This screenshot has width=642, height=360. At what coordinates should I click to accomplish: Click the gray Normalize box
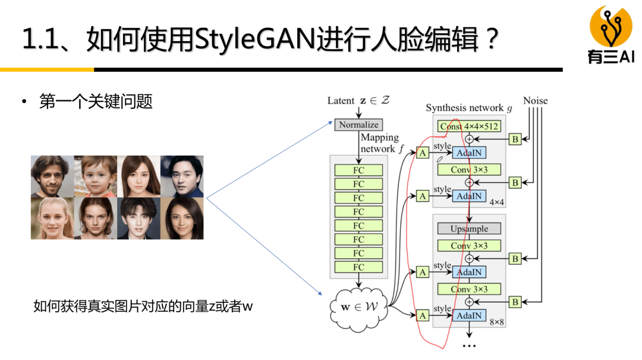[x=358, y=125]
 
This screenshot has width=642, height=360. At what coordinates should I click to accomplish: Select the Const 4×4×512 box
[x=469, y=126]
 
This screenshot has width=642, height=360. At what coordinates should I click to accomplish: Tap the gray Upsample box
[x=469, y=229]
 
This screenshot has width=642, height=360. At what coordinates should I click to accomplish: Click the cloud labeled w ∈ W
[x=358, y=308]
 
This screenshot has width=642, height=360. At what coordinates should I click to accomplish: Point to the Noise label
[x=535, y=101]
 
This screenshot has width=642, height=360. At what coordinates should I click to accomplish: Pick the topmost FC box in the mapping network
[x=358, y=170]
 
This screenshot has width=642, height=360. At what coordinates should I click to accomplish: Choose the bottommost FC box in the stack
[x=358, y=267]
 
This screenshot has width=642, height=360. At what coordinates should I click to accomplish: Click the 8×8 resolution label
[x=496, y=322]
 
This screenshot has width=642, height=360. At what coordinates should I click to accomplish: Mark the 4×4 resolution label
[x=496, y=203]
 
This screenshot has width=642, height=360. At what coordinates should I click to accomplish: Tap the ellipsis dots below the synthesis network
[x=469, y=345]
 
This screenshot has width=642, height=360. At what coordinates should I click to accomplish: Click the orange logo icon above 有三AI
[x=610, y=27]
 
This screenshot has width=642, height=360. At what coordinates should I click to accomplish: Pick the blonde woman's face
[x=52, y=218]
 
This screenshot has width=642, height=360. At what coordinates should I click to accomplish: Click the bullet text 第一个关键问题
[x=96, y=102]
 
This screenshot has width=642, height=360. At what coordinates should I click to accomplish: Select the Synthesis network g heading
[x=468, y=108]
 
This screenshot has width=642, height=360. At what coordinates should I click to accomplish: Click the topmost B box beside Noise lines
[x=515, y=139]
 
